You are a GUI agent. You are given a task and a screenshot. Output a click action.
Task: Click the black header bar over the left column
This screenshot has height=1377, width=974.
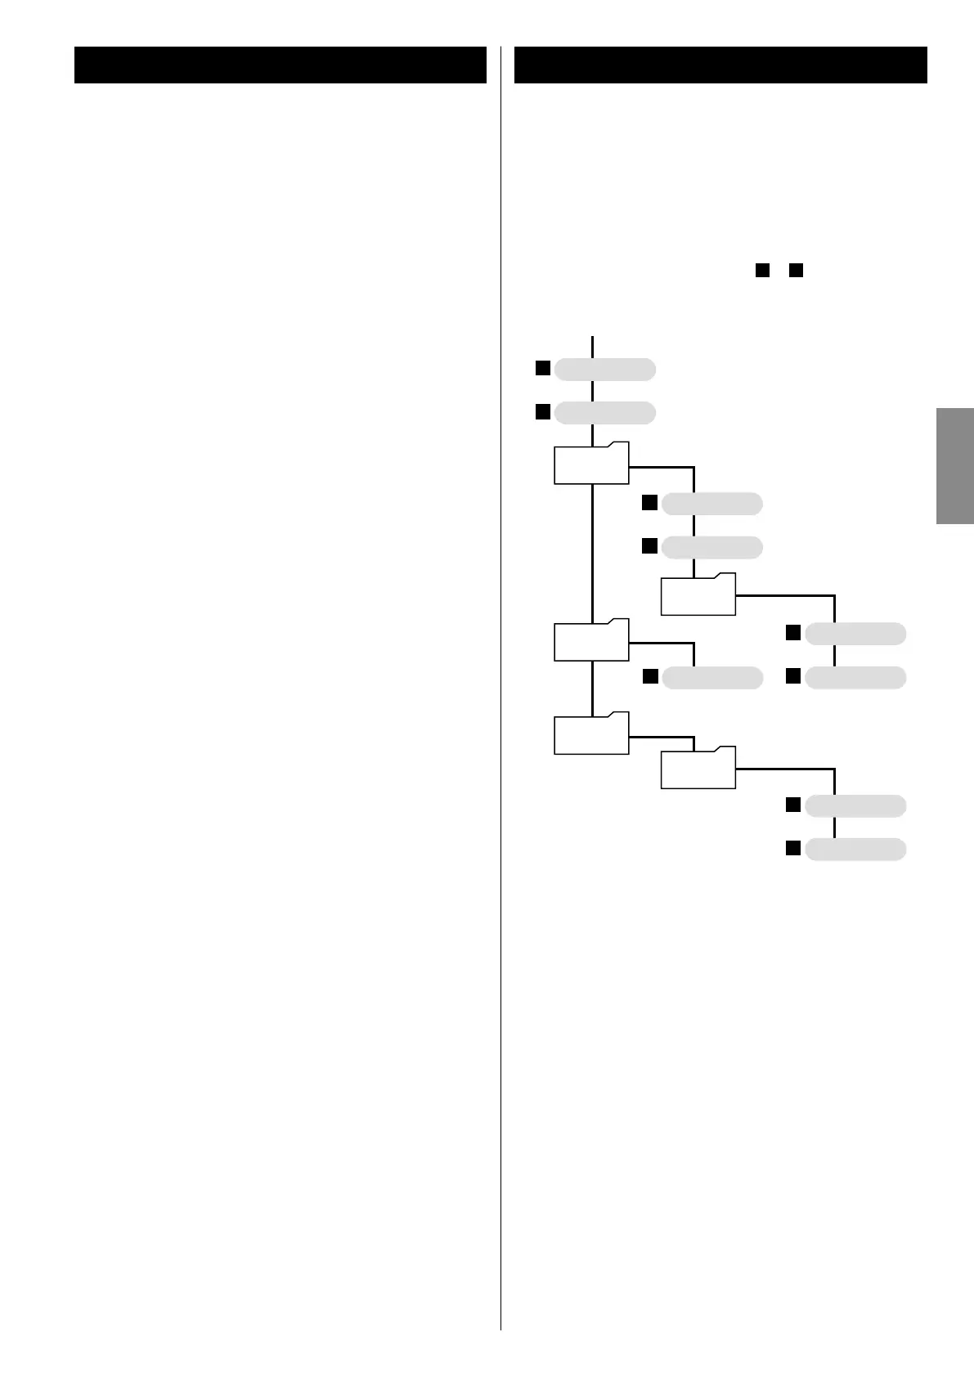pyautogui.click(x=280, y=65)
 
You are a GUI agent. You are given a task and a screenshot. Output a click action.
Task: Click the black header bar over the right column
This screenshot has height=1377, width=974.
pyautogui.click(x=720, y=65)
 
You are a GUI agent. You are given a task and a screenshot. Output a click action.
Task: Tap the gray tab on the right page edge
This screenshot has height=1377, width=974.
pyautogui.click(x=954, y=465)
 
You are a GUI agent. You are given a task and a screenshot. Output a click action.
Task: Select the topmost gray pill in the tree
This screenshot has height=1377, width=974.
pyautogui.click(x=604, y=370)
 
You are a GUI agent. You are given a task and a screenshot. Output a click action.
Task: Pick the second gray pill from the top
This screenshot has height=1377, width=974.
pyautogui.click(x=604, y=413)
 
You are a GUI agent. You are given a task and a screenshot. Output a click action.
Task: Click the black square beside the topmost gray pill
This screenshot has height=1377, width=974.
pyautogui.click(x=541, y=368)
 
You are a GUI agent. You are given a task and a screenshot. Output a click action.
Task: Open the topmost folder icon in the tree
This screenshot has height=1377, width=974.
pyautogui.click(x=591, y=464)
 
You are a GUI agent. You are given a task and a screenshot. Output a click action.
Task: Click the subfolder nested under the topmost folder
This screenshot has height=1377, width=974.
pyautogui.click(x=698, y=594)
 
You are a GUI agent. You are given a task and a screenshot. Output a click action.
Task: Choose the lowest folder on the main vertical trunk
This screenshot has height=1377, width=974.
pyautogui.click(x=591, y=733)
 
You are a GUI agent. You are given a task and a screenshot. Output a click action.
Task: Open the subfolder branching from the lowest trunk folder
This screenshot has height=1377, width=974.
pyautogui.click(x=698, y=768)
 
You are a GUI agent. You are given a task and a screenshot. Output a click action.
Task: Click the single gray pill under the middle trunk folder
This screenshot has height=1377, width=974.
pyautogui.click(x=711, y=678)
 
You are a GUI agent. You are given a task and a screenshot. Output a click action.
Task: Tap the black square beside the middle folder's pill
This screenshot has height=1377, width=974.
pyautogui.click(x=649, y=676)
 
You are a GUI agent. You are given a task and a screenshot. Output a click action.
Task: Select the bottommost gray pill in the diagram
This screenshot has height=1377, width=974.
pyautogui.click(x=855, y=850)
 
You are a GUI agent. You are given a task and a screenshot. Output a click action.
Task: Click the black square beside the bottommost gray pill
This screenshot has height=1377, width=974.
pyautogui.click(x=792, y=848)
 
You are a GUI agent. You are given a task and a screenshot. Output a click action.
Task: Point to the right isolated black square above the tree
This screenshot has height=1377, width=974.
pyautogui.click(x=797, y=269)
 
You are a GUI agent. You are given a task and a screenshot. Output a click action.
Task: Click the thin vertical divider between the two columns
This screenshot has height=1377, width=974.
pyautogui.click(x=500, y=687)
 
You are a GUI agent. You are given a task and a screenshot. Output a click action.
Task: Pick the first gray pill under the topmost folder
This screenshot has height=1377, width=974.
pyautogui.click(x=711, y=504)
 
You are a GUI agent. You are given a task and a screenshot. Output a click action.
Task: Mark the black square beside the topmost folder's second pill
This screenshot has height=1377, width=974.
pyautogui.click(x=649, y=545)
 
